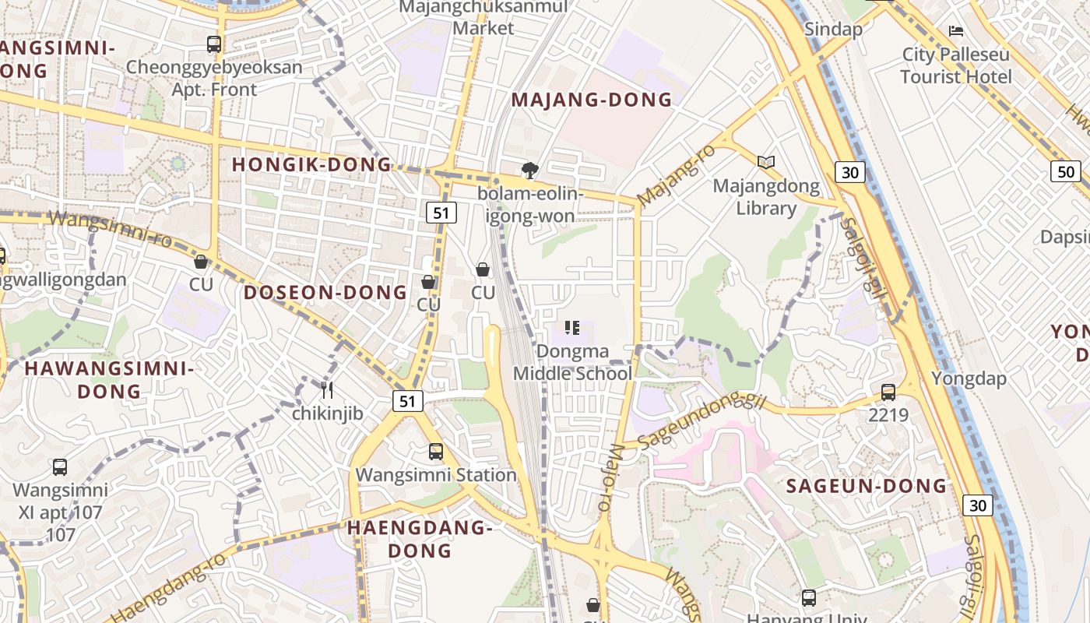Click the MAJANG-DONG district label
point(592,100)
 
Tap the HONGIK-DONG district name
point(311,165)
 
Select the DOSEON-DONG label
point(325,293)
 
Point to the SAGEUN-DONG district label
point(867,487)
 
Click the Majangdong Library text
point(766,197)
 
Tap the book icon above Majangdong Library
point(766,162)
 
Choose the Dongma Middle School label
point(572,363)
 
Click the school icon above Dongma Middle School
point(572,328)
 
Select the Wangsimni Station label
point(436,475)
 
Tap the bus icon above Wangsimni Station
point(436,452)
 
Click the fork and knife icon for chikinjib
point(327,389)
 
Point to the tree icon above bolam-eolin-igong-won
point(530,170)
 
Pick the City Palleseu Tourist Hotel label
point(956,65)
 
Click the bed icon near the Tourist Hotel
point(956,31)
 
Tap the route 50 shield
point(1065,171)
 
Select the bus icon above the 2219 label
point(888,392)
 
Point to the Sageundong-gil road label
point(701,421)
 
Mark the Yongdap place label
point(969,379)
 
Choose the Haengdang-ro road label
point(167,587)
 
